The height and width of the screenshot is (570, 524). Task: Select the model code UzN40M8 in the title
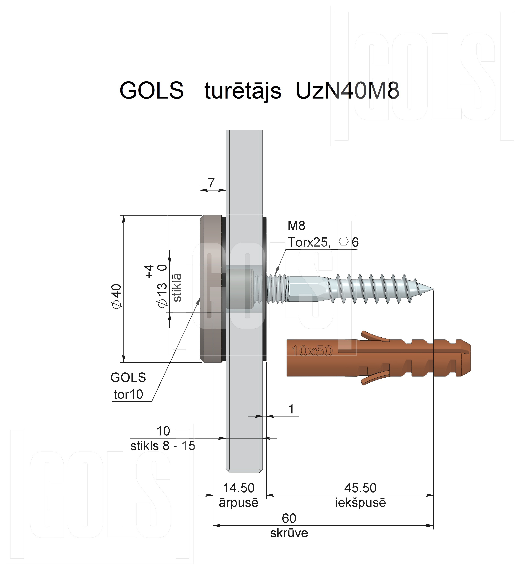click(x=348, y=91)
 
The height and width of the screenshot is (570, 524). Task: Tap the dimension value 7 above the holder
click(x=211, y=183)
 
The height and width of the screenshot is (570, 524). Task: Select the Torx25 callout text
click(x=309, y=242)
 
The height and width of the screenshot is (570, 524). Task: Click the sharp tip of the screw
click(x=434, y=289)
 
